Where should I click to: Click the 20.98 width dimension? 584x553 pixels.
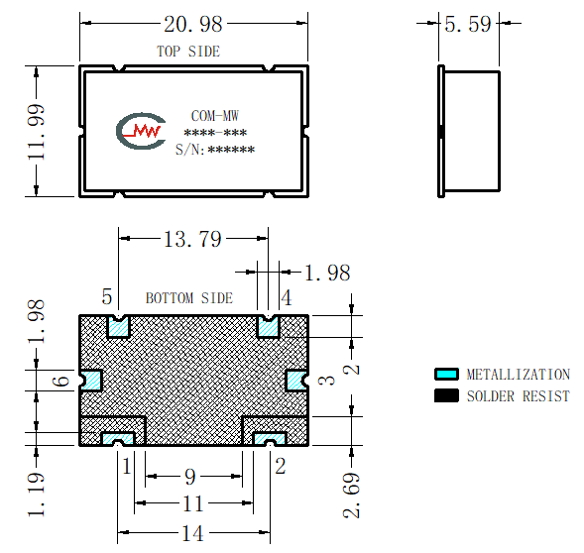tap(193, 24)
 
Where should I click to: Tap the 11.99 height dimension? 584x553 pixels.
tap(37, 132)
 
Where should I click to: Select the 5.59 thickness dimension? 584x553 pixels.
tap(468, 24)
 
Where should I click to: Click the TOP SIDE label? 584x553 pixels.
tap(188, 51)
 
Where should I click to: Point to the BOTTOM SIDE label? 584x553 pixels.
tap(189, 298)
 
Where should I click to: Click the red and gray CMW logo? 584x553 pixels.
tap(141, 131)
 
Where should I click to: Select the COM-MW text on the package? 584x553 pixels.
tap(214, 116)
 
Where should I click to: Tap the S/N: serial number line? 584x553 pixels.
tap(215, 150)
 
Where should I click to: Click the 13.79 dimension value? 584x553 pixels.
tap(193, 239)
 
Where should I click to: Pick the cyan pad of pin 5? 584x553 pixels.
tap(118, 328)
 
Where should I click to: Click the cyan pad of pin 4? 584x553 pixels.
tap(268, 328)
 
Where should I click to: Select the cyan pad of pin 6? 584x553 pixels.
tap(91, 381)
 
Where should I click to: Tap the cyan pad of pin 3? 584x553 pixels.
tap(296, 381)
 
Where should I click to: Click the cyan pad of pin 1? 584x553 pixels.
tap(118, 439)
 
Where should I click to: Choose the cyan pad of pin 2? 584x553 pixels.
tap(270, 439)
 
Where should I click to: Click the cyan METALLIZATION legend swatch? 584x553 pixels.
tap(446, 374)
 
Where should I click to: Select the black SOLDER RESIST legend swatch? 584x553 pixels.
tap(446, 395)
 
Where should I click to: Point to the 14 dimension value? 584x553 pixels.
tap(192, 533)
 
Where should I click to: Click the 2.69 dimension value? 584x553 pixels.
tap(351, 496)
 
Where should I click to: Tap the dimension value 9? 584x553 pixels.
tap(190, 477)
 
